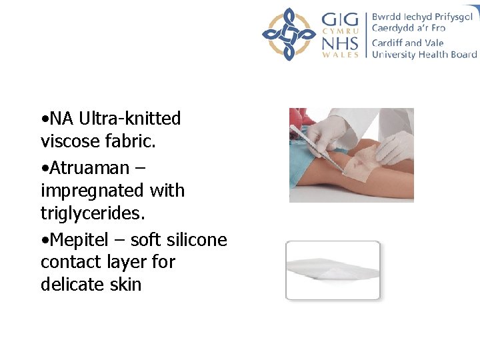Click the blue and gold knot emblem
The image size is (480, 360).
pyautogui.click(x=288, y=34)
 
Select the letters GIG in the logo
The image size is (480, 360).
pyautogui.click(x=339, y=18)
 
